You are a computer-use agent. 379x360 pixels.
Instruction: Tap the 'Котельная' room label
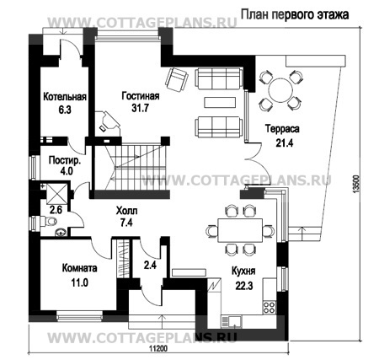[60, 96]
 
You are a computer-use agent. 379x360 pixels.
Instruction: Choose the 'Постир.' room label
[65, 159]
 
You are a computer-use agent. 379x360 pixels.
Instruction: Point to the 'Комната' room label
[81, 269]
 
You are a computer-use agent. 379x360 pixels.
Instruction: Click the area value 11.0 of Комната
[79, 284]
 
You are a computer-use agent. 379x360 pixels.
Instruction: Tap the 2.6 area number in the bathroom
[56, 209]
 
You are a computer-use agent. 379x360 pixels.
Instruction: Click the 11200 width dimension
[152, 347]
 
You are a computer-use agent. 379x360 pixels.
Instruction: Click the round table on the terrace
[279, 88]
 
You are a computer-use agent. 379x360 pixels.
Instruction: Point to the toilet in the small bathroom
[53, 223]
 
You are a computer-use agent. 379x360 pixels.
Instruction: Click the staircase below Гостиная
[130, 165]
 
